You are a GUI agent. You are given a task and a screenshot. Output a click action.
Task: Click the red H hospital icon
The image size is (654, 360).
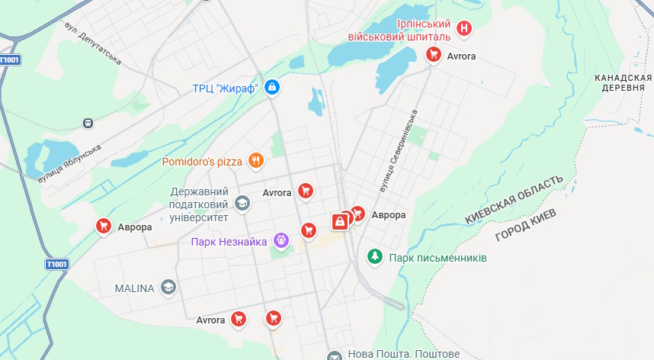click(463, 30)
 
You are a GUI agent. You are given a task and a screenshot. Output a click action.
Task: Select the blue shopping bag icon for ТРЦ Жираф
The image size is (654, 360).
click(272, 88)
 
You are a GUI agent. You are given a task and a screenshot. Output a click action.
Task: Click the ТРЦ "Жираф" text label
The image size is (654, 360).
click(225, 88)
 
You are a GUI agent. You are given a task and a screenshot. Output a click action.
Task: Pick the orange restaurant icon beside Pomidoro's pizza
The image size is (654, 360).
click(256, 161)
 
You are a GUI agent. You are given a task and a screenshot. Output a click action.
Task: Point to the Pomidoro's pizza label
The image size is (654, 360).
click(202, 162)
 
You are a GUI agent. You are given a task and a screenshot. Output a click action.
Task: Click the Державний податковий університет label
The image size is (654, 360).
click(199, 204)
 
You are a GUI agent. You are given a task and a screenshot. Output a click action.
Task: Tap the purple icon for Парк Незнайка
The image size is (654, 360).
click(281, 242)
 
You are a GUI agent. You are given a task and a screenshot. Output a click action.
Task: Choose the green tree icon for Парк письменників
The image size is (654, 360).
click(375, 257)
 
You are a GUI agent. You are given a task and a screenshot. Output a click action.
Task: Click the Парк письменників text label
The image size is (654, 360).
click(438, 258)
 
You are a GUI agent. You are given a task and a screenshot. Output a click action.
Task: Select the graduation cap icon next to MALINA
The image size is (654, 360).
click(168, 288)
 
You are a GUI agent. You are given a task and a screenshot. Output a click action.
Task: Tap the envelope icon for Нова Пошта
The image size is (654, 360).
click(334, 355)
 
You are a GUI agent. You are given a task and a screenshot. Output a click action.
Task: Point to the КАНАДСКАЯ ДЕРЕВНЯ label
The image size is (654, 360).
click(624, 82)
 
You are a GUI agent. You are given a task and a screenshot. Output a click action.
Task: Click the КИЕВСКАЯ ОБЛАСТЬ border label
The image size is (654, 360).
click(515, 199)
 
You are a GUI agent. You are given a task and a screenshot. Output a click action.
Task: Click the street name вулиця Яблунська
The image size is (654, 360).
click(69, 163)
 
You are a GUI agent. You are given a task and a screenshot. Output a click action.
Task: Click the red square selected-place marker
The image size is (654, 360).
click(340, 221)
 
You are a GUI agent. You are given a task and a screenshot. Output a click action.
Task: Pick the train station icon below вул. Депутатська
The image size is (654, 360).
click(88, 122)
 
